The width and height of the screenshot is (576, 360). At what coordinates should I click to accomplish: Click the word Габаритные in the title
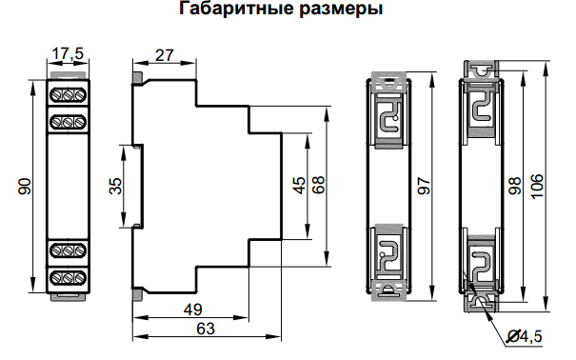227,11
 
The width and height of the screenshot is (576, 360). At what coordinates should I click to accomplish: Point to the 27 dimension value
163,54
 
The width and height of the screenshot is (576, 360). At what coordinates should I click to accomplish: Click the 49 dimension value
193,309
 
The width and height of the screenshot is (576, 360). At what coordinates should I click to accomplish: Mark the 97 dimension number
421,186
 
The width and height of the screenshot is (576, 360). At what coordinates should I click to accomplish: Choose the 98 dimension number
514,186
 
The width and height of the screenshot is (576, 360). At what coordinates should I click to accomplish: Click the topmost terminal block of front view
68,95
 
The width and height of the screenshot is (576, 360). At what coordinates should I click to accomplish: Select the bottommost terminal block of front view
68,277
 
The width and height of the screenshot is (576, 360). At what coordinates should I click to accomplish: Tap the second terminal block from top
68,121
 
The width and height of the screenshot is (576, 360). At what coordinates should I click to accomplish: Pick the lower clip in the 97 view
388,255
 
